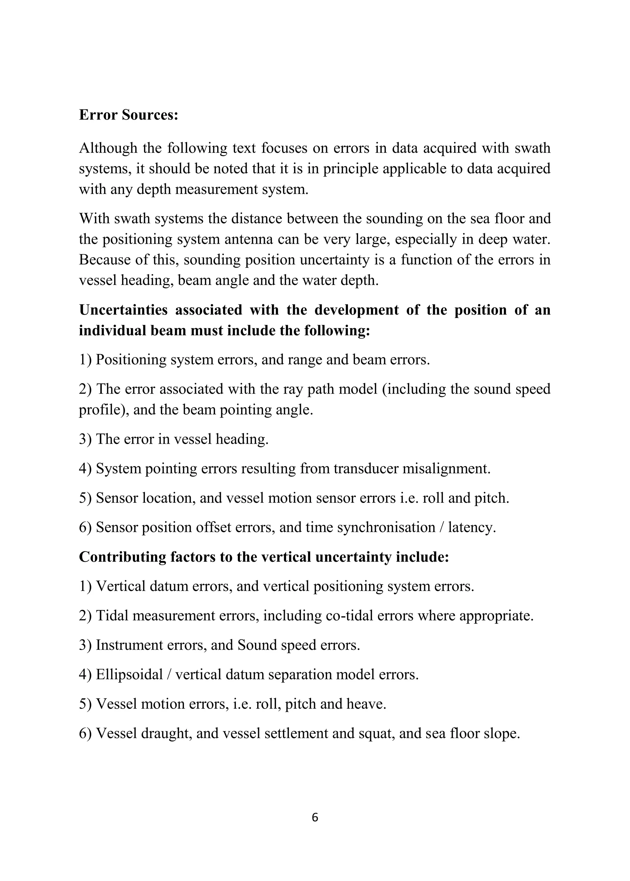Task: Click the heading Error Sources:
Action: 128,115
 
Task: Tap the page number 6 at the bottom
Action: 315,817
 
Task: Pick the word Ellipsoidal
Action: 129,675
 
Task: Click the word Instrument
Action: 129,645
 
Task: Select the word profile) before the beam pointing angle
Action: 104,410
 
